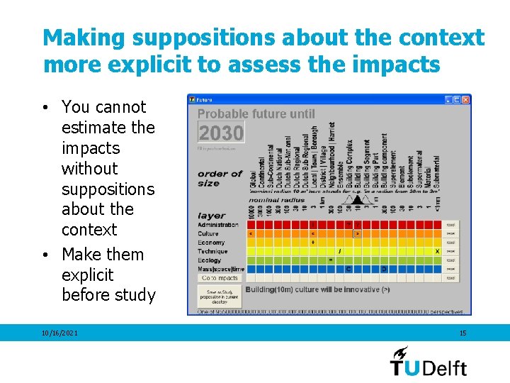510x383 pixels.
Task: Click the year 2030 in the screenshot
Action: pyautogui.click(x=221, y=133)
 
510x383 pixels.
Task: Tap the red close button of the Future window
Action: pyautogui.click(x=465, y=100)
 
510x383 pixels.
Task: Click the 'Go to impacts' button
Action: pyautogui.click(x=220, y=278)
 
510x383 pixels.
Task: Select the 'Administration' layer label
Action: pyautogui.click(x=217, y=225)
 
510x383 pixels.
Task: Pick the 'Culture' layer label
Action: pyautogui.click(x=208, y=233)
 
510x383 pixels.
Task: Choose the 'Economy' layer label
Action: pyautogui.click(x=210, y=243)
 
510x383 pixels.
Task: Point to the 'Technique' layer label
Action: pyautogui.click(x=212, y=251)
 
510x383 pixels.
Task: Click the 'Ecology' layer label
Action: pyautogui.click(x=209, y=260)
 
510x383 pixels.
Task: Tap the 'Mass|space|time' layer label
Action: pyautogui.click(x=221, y=269)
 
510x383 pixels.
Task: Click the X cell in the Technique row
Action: pyautogui.click(x=437, y=251)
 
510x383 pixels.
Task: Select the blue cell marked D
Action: pyautogui.click(x=384, y=269)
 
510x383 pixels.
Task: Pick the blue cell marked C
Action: pyautogui.click(x=348, y=269)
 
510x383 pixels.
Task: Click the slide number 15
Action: pyautogui.click(x=463, y=333)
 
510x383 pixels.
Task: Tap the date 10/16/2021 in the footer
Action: pyautogui.click(x=60, y=333)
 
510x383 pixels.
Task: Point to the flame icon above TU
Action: pyautogui.click(x=401, y=352)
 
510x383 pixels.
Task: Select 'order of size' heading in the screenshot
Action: pyautogui.click(x=220, y=178)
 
